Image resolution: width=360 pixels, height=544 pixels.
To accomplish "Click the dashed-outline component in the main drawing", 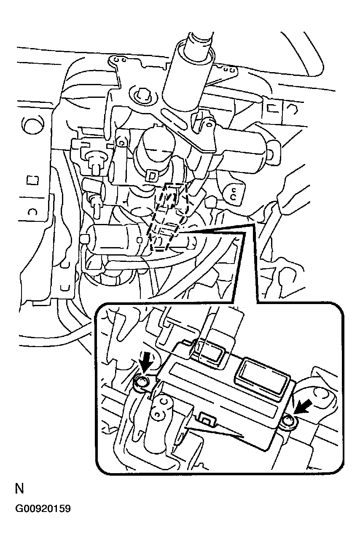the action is pos(169,217).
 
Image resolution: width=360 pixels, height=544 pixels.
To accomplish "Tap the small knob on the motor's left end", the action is pos(85,239).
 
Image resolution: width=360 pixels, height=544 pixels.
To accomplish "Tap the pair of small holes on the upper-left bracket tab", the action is pos(120,59).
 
